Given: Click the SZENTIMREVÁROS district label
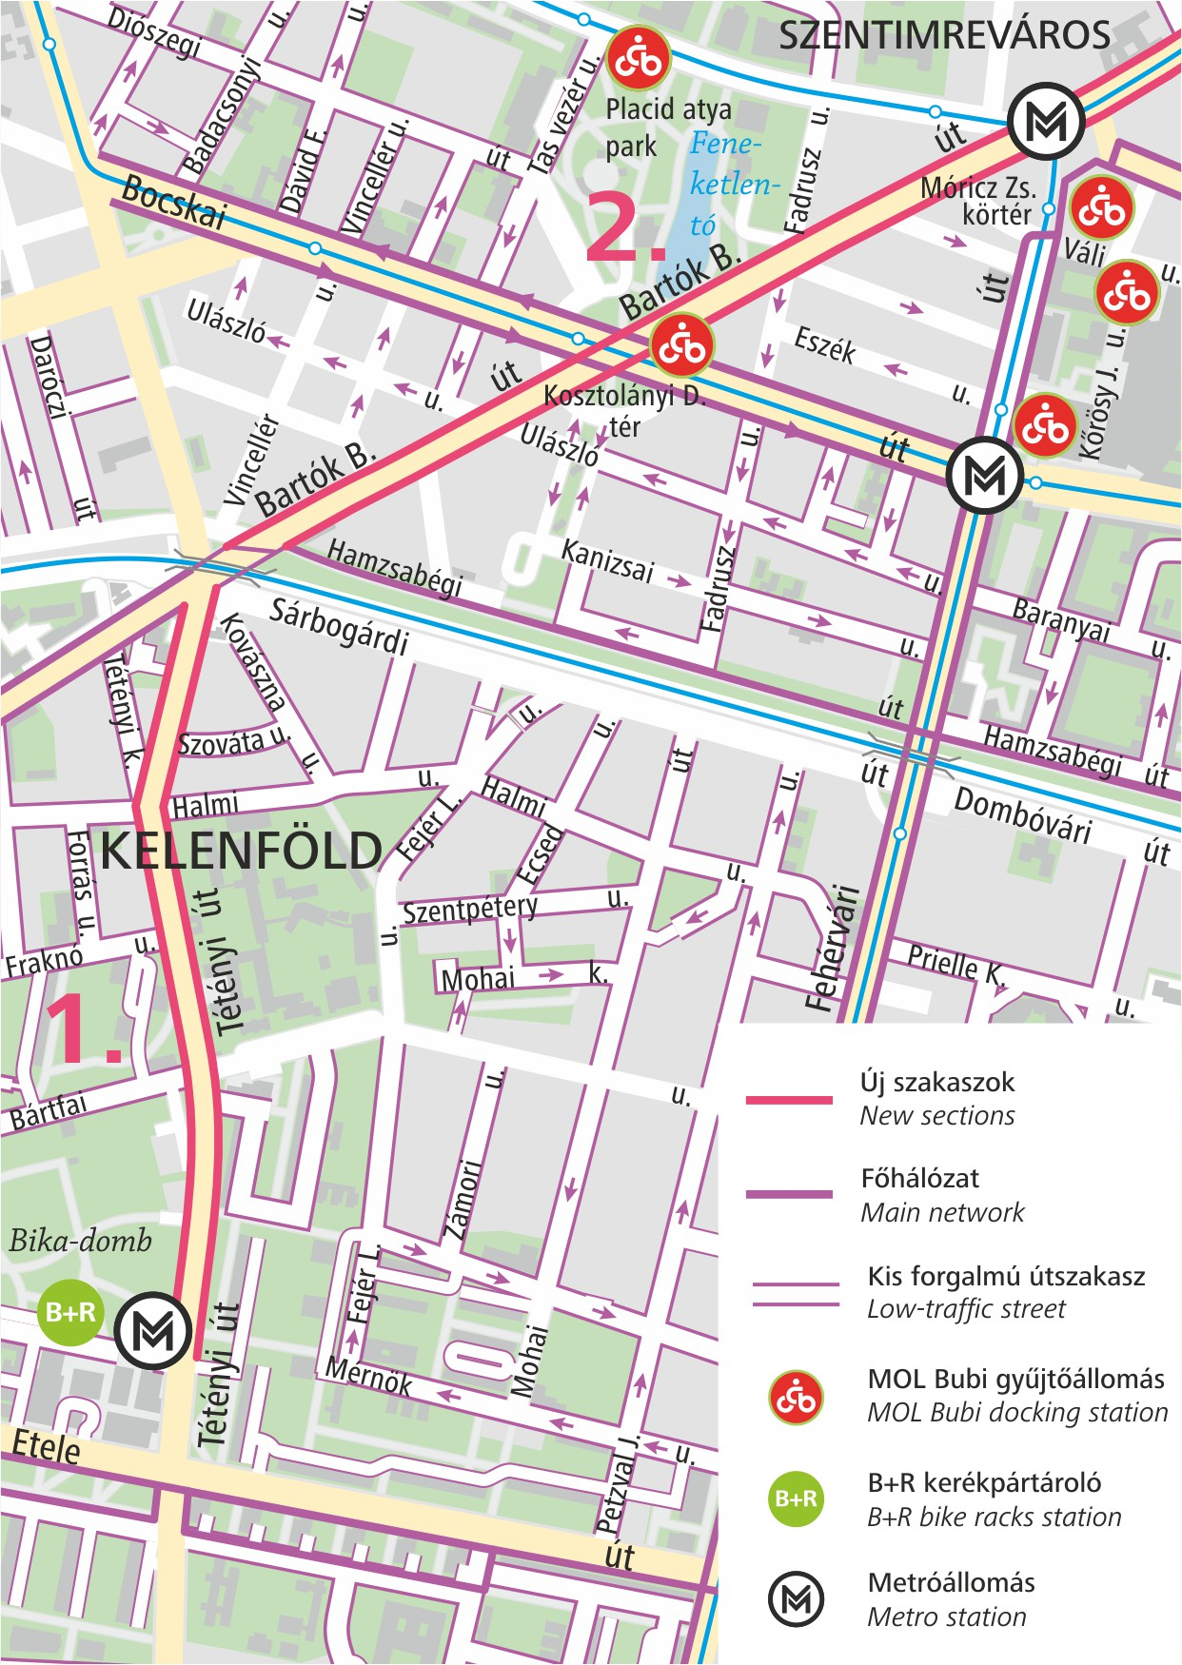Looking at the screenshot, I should (944, 36).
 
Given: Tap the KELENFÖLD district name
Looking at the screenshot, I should (241, 850).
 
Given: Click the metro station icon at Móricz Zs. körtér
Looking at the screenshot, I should (1045, 121).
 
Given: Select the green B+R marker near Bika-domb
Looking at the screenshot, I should (71, 1313).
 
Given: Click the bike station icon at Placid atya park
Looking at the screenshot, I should (639, 59).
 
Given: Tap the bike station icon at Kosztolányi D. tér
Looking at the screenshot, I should (681, 345).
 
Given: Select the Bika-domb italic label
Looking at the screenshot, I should (81, 1241).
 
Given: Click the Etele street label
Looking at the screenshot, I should (46, 1447).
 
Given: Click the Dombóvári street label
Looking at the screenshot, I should (1022, 815).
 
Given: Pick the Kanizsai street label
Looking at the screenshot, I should (607, 560).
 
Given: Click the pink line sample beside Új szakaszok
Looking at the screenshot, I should (789, 1100).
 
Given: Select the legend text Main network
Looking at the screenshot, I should (942, 1212).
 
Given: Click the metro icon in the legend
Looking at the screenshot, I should (796, 1599).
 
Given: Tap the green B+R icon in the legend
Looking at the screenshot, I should (796, 1498).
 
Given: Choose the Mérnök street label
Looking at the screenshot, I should (368, 1375).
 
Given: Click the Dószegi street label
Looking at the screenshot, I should (153, 32).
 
